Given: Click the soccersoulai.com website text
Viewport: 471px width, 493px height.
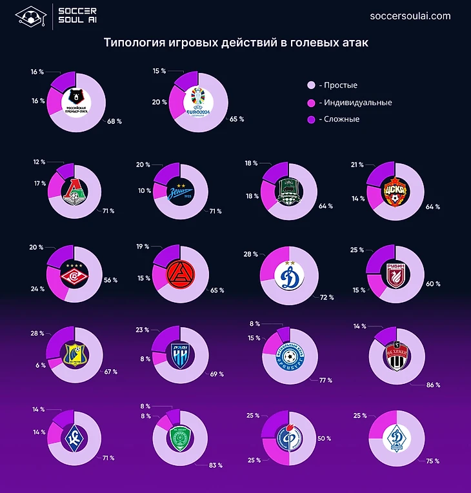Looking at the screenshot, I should [x=411, y=16].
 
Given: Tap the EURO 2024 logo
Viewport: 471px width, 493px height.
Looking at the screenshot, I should [x=197, y=101].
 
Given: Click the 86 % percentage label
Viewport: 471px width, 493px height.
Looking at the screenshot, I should [x=432, y=385].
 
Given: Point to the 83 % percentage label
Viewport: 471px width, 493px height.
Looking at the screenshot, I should [x=215, y=465].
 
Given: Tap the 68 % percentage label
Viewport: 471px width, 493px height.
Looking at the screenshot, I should [x=115, y=121].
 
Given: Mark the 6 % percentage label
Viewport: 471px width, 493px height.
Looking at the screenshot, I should [x=41, y=365].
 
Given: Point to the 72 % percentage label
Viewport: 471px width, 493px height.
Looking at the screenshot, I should [x=327, y=297].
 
